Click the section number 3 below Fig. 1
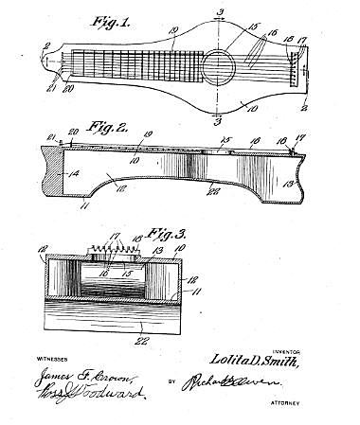[x=219, y=120]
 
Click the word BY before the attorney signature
[x=174, y=386]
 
